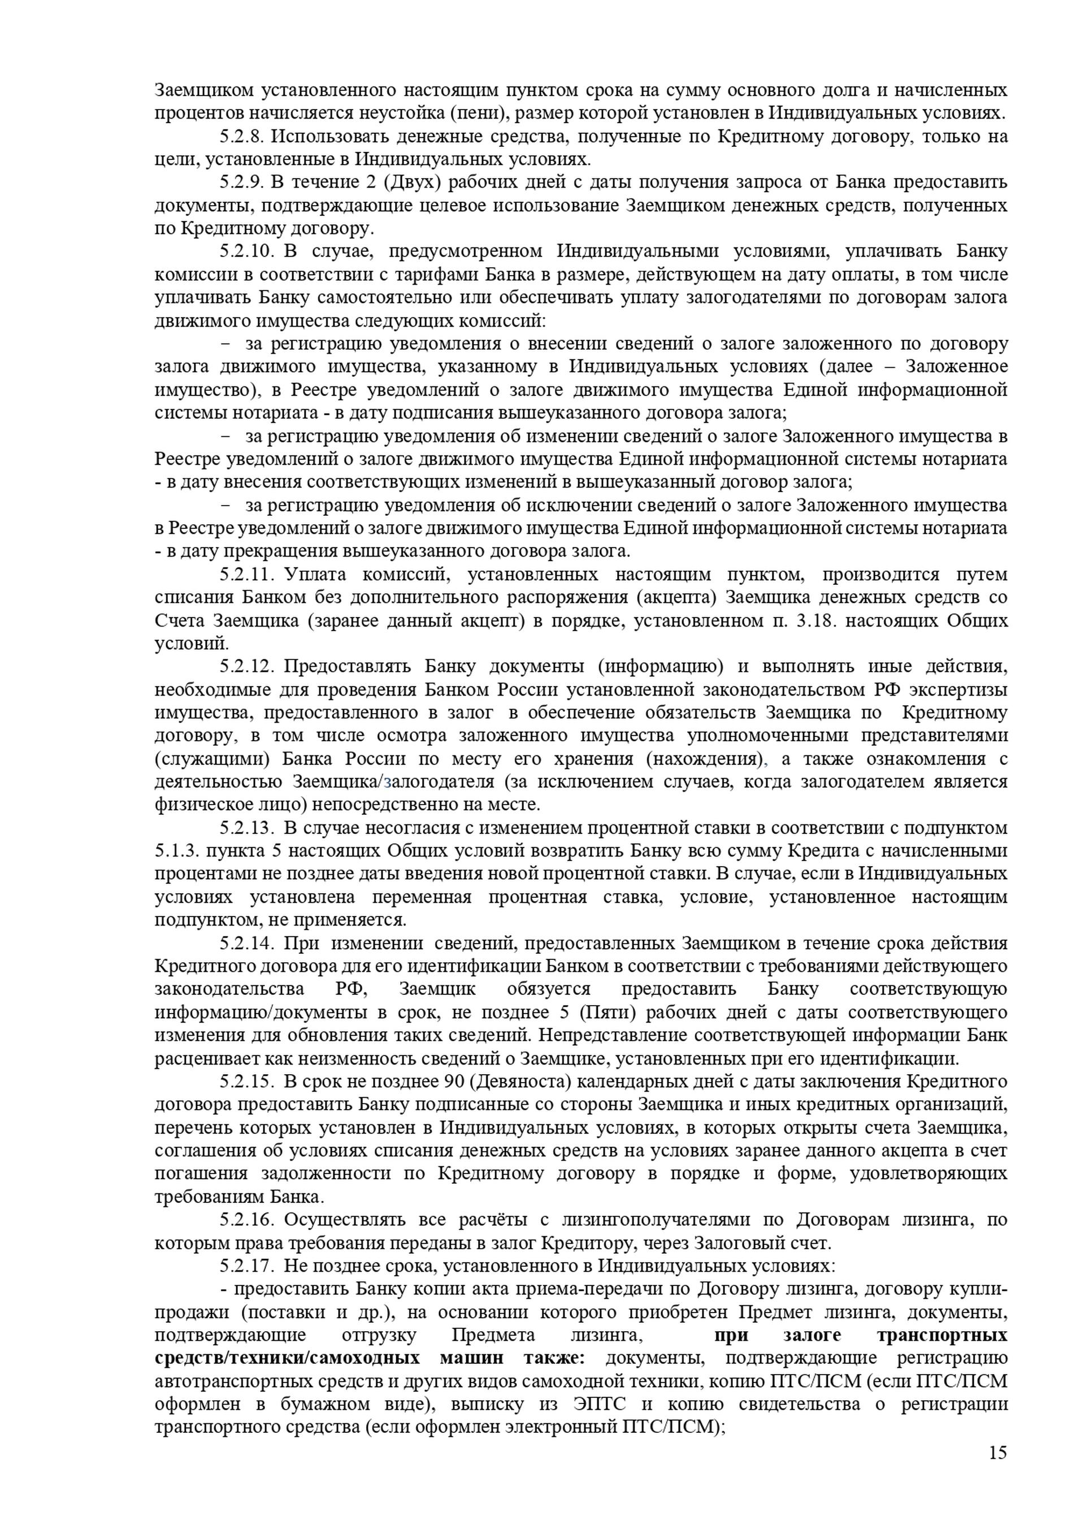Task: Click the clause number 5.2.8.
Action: (x=243, y=136)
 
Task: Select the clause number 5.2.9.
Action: (x=243, y=182)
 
